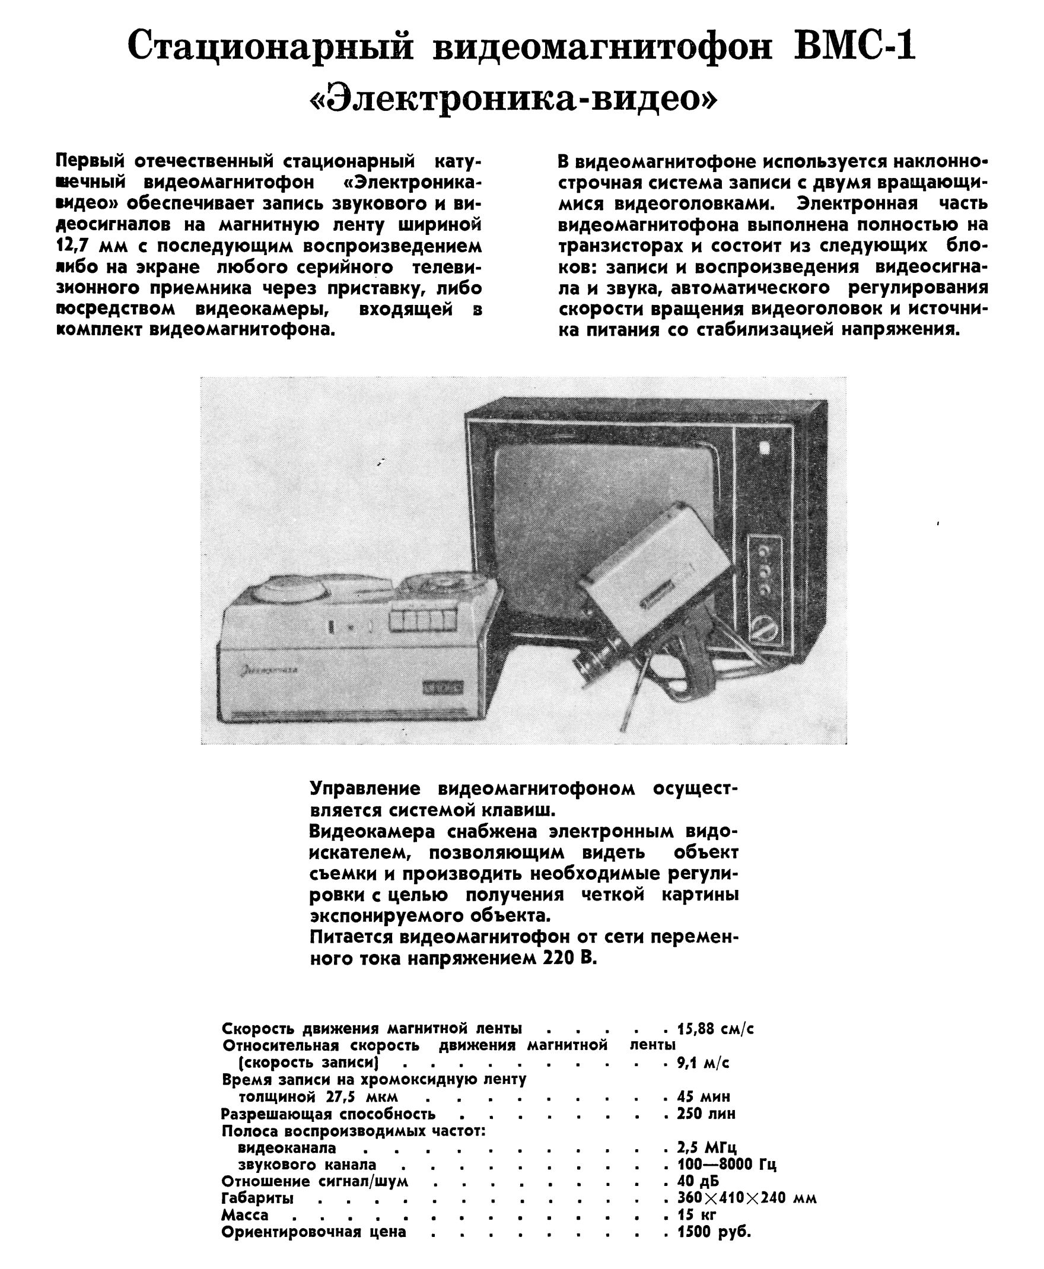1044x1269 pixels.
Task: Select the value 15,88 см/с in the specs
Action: (715, 1029)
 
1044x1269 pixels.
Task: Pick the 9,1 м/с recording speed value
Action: (703, 1063)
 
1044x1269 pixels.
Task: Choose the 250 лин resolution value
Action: (706, 1113)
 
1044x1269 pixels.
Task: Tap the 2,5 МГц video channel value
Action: (706, 1147)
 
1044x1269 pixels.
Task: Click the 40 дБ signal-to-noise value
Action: (698, 1181)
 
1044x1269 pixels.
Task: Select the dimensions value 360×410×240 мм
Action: (746, 1197)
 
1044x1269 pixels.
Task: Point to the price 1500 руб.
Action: (714, 1231)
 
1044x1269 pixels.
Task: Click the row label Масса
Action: (245, 1214)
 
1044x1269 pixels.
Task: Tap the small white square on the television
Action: (765, 448)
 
